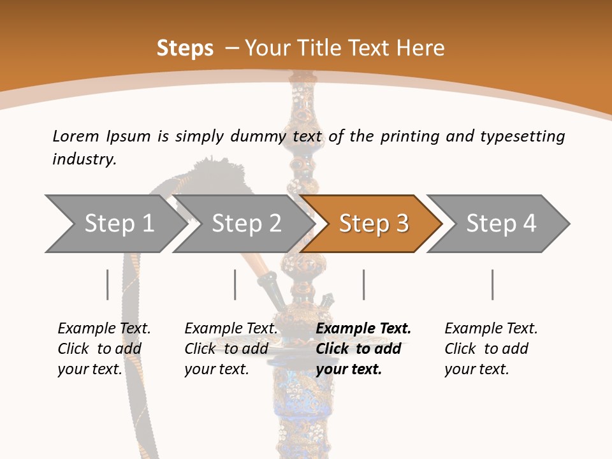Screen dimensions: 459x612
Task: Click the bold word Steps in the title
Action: (x=185, y=48)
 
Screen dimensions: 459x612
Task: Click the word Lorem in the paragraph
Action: (x=76, y=136)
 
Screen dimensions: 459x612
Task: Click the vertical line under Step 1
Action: (x=108, y=284)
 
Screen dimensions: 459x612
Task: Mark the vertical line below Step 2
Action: (x=235, y=284)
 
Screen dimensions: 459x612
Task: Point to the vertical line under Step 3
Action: (x=363, y=284)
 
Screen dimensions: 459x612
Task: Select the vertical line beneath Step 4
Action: (x=492, y=284)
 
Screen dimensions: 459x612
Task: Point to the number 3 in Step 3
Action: (x=402, y=224)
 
